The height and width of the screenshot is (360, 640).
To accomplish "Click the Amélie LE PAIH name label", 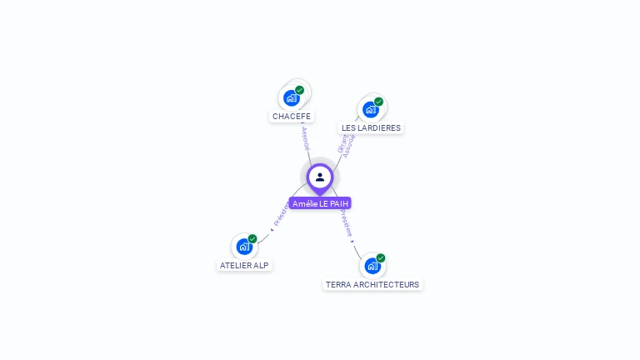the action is [x=320, y=203].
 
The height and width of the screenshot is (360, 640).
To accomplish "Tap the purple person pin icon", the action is [x=320, y=177].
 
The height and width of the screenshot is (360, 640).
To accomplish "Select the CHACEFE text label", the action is [x=292, y=117].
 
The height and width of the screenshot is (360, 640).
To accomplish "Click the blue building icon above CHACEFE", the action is [x=291, y=98].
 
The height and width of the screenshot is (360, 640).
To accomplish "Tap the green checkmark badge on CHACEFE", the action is [x=300, y=90].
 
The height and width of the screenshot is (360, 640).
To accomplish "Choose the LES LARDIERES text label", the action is [x=371, y=128].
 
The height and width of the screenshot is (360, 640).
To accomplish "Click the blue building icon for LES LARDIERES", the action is [x=371, y=110].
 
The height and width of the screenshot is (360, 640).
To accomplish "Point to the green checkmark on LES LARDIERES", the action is [x=379, y=102].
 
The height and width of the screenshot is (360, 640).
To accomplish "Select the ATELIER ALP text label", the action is [x=244, y=265].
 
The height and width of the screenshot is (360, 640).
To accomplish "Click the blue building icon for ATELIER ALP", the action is [x=243, y=247].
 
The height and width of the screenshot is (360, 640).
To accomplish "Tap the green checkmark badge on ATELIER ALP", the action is [x=252, y=239].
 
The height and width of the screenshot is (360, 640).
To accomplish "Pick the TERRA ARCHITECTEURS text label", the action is [x=372, y=284].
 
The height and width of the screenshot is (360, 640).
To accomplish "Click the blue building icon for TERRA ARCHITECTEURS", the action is [x=372, y=266].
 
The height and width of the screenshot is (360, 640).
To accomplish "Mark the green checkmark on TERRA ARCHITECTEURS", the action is [x=381, y=258].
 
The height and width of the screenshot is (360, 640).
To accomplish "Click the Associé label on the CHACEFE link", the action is [x=305, y=138].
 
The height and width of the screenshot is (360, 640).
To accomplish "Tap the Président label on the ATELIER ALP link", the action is [x=281, y=214].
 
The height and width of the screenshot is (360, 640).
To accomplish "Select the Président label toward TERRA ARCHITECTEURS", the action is [x=346, y=223].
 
